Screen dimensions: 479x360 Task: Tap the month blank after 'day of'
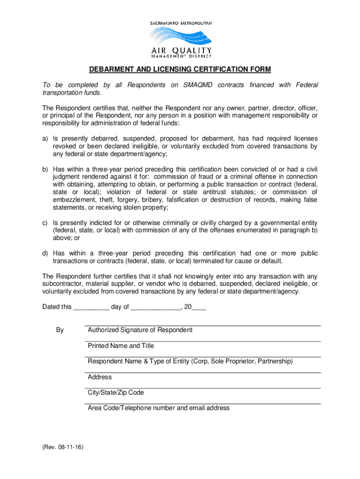click(156, 307)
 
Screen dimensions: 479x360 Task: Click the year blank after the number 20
click(199, 307)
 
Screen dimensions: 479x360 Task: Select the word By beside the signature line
click(60, 330)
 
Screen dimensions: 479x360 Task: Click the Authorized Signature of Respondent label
click(140, 330)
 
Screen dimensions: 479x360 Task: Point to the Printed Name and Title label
click(121, 346)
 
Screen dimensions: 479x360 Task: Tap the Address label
click(100, 377)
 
